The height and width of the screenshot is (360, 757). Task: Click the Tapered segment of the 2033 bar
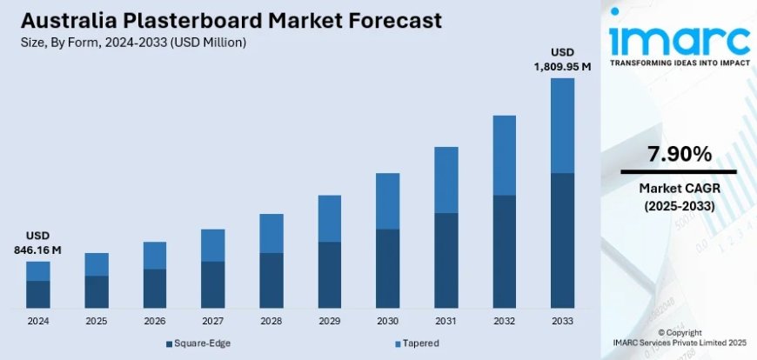pyautogui.click(x=563, y=125)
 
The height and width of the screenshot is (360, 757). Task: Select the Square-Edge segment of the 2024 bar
pyautogui.click(x=38, y=294)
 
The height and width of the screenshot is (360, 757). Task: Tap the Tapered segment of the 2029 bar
pyautogui.click(x=330, y=218)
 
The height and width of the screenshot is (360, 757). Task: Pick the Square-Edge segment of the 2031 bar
pyautogui.click(x=446, y=260)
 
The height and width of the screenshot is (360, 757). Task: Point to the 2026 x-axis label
pyautogui.click(x=155, y=321)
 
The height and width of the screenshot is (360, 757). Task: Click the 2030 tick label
pyautogui.click(x=388, y=321)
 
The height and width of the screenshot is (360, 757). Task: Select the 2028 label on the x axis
pyautogui.click(x=271, y=321)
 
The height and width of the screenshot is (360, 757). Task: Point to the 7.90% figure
pyautogui.click(x=679, y=155)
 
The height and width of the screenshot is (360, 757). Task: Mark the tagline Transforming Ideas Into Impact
pyautogui.click(x=679, y=63)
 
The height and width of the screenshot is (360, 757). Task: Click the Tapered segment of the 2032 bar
pyautogui.click(x=505, y=156)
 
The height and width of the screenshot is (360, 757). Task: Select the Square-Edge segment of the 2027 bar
pyautogui.click(x=213, y=284)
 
